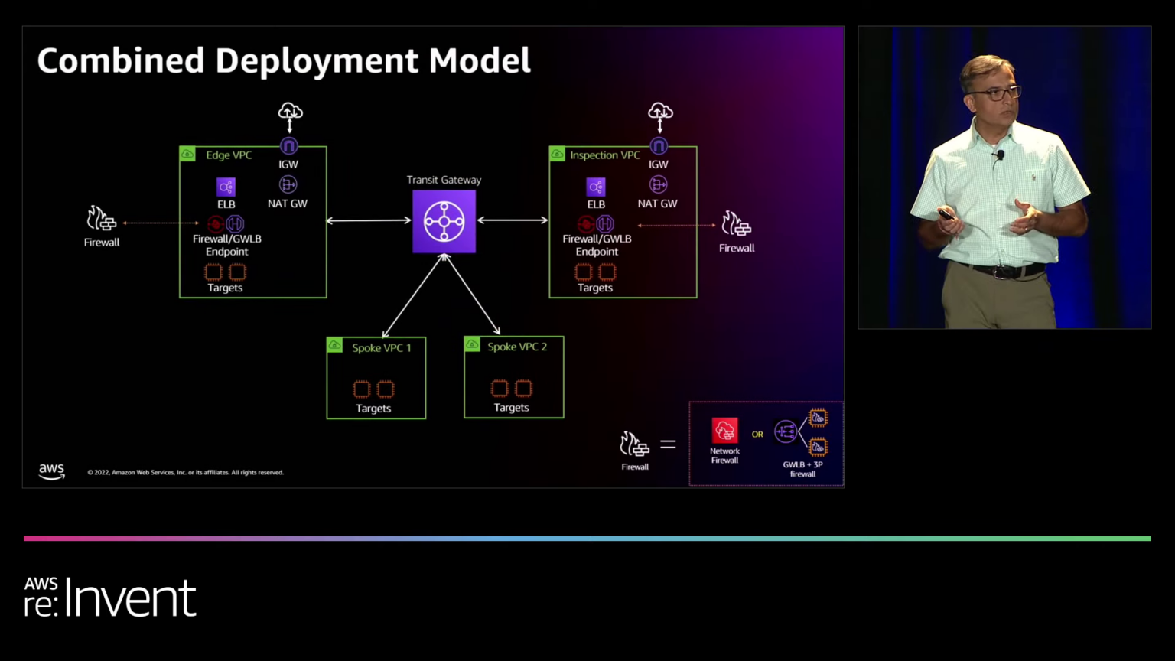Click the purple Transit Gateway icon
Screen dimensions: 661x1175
pyautogui.click(x=444, y=222)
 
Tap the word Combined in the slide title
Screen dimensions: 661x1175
pyautogui.click(x=120, y=61)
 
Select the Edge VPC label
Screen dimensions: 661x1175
pyautogui.click(x=228, y=155)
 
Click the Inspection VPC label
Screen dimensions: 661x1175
pyautogui.click(x=604, y=155)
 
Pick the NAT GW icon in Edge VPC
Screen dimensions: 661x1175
pyautogui.click(x=288, y=185)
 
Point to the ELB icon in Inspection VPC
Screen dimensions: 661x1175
pyautogui.click(x=596, y=187)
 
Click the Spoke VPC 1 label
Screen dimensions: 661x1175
pyautogui.click(x=381, y=348)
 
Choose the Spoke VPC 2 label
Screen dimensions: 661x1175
pyautogui.click(x=517, y=347)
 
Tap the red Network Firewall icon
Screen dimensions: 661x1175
pyautogui.click(x=724, y=431)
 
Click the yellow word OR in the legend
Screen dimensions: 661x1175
pyautogui.click(x=757, y=435)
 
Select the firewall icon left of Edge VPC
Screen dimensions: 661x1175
pyautogui.click(x=101, y=220)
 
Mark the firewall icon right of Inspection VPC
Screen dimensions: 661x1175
pyautogui.click(x=736, y=224)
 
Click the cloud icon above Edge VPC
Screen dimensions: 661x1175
pyautogui.click(x=290, y=112)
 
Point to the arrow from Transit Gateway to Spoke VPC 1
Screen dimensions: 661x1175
pyautogui.click(x=412, y=296)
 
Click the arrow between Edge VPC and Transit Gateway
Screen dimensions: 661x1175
pyautogui.click(x=369, y=221)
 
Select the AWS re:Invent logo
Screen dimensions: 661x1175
pyautogui.click(x=110, y=597)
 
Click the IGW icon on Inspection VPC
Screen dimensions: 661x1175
pyautogui.click(x=659, y=146)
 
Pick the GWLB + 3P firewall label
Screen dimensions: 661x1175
pyautogui.click(x=802, y=469)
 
